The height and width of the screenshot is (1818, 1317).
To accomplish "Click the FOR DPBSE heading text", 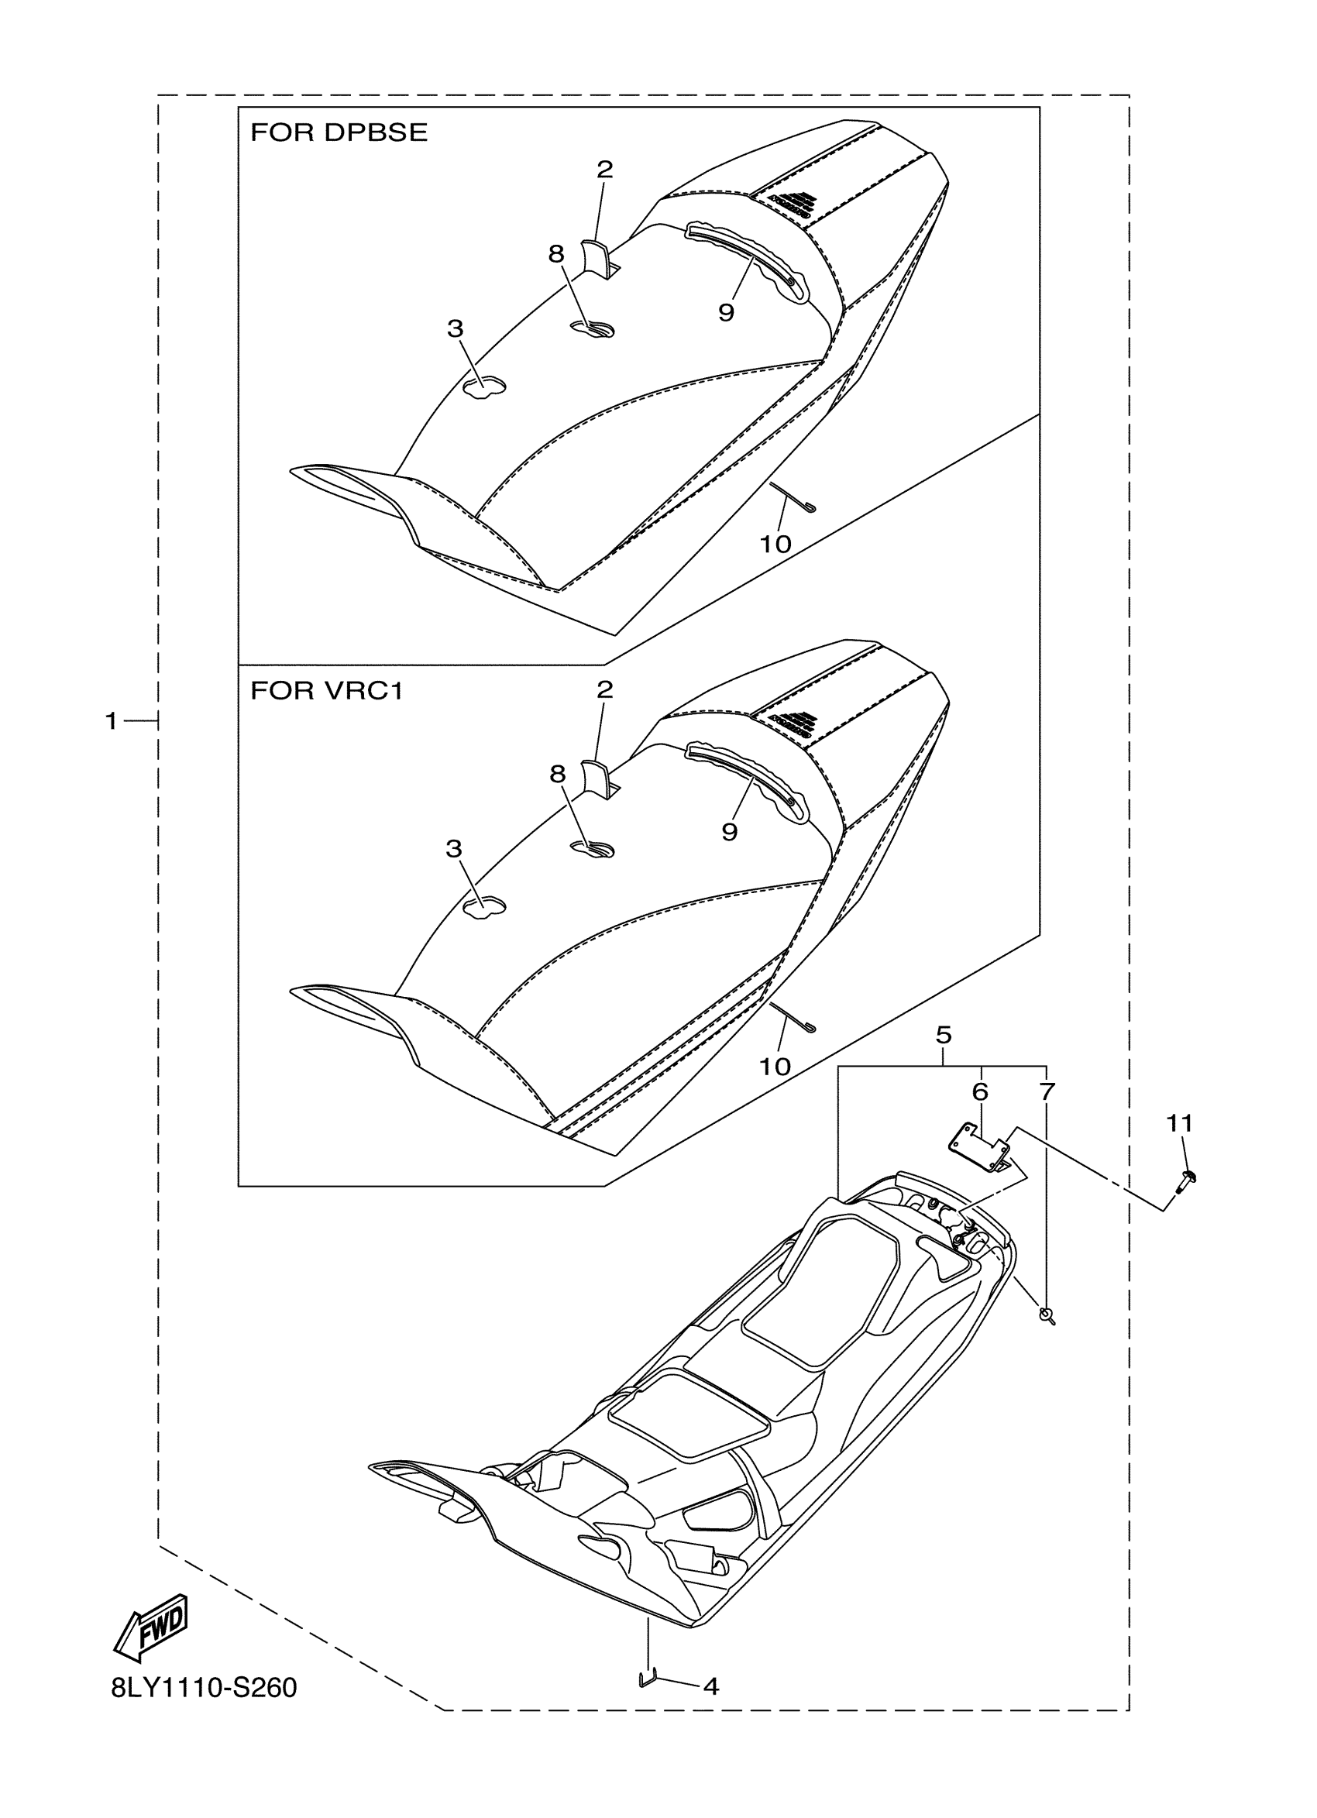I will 339,132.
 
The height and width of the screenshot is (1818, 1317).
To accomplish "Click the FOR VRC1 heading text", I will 326,690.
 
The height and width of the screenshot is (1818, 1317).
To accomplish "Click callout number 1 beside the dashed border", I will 112,721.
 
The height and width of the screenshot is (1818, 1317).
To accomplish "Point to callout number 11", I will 1179,1124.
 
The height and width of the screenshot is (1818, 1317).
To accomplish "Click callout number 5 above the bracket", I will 944,1035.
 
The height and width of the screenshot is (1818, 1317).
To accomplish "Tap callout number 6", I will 979,1091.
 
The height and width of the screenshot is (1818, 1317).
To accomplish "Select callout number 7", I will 1047,1091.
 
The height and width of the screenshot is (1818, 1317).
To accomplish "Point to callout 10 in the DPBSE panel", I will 775,545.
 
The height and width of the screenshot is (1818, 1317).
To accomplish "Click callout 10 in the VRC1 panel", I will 775,1066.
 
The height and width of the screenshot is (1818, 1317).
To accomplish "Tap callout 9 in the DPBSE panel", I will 726,313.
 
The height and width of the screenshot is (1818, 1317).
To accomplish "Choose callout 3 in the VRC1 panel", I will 454,849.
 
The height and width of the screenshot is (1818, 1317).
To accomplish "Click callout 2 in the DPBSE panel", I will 604,169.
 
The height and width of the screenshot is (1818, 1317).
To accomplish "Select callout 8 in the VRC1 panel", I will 557,774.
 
